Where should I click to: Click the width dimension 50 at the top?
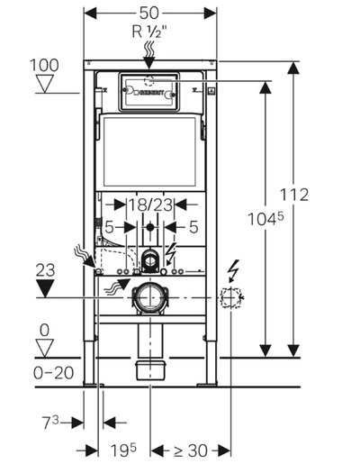click(x=149, y=13)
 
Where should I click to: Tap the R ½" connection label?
click(x=149, y=31)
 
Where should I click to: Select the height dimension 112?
click(x=294, y=195)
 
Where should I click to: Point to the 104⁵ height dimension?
click(x=265, y=218)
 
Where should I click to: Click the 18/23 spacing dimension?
click(x=150, y=205)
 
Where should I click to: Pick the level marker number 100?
click(x=44, y=65)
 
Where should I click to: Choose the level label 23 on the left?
click(x=45, y=270)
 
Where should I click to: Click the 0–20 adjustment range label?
click(x=54, y=373)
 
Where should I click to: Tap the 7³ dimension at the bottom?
click(x=51, y=423)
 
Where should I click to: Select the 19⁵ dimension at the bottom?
click(x=123, y=450)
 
